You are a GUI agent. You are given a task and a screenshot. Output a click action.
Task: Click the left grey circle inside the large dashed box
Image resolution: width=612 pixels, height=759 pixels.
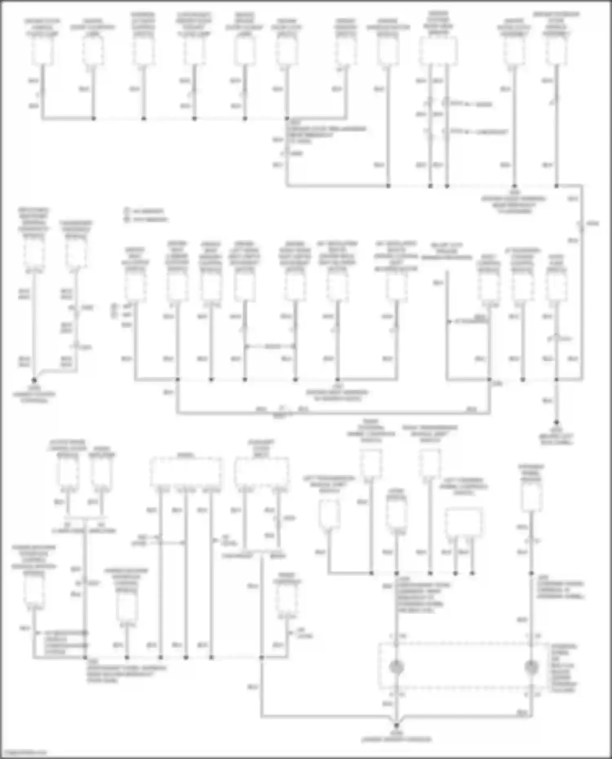pyautogui.click(x=396, y=667)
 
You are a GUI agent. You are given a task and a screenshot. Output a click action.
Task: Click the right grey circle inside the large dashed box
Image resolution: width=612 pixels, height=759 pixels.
pyautogui.click(x=531, y=667)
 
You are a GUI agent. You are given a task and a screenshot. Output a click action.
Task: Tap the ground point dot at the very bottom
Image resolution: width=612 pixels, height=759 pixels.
pyautogui.click(x=396, y=726)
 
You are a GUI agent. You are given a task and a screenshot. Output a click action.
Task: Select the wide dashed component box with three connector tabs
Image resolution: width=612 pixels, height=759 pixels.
pyautogui.click(x=186, y=472)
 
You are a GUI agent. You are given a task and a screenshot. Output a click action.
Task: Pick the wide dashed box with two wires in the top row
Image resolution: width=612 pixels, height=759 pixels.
pyautogui.click(x=438, y=51)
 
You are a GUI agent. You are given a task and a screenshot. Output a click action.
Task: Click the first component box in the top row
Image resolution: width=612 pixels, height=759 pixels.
pyautogui.click(x=42, y=51)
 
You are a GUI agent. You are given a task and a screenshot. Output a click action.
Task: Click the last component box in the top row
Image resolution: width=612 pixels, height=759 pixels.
pyautogui.click(x=557, y=51)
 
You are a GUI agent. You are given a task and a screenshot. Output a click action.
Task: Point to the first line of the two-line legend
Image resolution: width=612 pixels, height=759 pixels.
pyautogui.click(x=145, y=211)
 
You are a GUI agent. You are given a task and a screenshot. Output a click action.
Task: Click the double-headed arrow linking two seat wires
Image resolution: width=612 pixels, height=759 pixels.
pyautogui.click(x=270, y=347)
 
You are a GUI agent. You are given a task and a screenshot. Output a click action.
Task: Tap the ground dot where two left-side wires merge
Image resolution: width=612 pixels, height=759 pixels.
pyautogui.click(x=34, y=379)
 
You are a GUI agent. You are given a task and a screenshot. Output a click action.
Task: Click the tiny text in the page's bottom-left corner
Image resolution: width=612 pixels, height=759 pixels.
pyautogui.click(x=24, y=752)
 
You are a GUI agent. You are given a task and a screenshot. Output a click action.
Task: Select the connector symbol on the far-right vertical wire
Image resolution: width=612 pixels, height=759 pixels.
pyautogui.click(x=581, y=224)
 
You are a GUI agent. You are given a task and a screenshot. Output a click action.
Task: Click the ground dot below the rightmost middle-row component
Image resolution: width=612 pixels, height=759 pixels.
pyautogui.click(x=557, y=423)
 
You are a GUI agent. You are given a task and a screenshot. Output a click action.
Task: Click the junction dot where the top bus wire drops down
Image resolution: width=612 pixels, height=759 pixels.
pyautogui.click(x=287, y=119)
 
